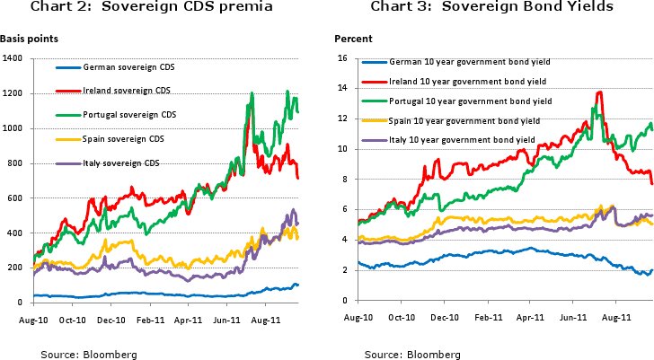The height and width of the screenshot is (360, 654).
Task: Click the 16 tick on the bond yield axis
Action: (x=340, y=59)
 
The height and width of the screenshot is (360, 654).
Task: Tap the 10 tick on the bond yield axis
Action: (x=340, y=149)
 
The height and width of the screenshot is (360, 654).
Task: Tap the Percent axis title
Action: (x=349, y=40)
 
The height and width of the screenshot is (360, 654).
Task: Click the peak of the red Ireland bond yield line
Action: (x=598, y=92)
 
